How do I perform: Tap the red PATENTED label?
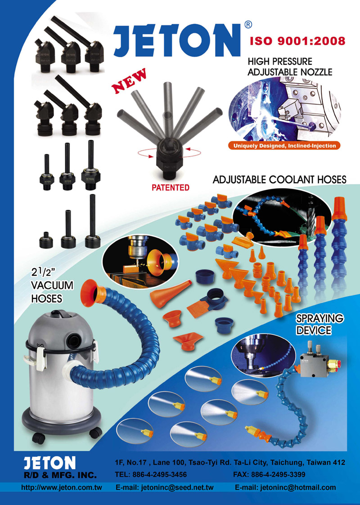pyautogui.click(x=171, y=187)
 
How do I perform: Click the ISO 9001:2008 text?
pyautogui.click(x=297, y=41)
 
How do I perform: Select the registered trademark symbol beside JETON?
pyautogui.click(x=248, y=24)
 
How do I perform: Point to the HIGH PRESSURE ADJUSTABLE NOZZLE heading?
pyautogui.click(x=290, y=67)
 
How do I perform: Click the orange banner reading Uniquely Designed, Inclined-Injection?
pyautogui.click(x=285, y=146)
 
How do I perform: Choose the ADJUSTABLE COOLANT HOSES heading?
pyautogui.click(x=279, y=180)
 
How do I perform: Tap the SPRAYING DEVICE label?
pyautogui.click(x=320, y=325)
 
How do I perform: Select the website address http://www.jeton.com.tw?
pyautogui.click(x=62, y=487)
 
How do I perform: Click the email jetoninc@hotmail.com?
pyautogui.click(x=285, y=487)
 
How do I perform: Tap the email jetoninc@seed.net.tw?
pyautogui.click(x=165, y=487)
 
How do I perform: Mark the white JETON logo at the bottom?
pyautogui.click(x=49, y=463)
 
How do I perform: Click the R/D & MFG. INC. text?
pyautogui.click(x=60, y=475)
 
